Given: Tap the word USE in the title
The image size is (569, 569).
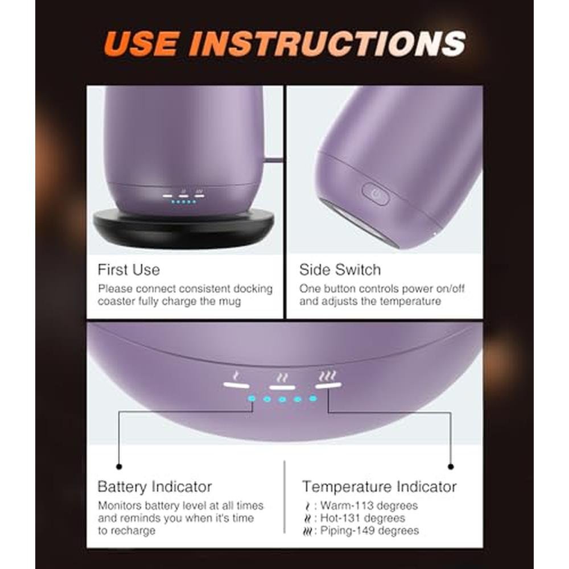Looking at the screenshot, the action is point(142,44).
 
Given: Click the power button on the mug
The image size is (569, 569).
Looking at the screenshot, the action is point(375,194).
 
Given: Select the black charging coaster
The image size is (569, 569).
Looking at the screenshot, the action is point(183,228).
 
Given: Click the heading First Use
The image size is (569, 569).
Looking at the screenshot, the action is point(129,270).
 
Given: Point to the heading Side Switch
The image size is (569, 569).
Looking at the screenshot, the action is point(340,270).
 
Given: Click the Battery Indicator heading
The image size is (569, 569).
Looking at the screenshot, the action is point(155,486).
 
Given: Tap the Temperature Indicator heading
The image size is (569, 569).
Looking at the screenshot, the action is point(379,486).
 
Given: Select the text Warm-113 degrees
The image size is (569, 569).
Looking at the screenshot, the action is point(369,505).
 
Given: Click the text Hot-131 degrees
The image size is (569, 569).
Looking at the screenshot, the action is point(362,518).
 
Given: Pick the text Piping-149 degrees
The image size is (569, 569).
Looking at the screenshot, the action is point(369,530).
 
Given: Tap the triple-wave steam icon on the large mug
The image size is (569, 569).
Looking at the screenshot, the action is point(327,376).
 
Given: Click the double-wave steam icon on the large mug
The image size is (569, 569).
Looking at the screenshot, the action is point(282,378).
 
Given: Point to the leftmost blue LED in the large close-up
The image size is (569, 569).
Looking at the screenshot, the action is point(251,399).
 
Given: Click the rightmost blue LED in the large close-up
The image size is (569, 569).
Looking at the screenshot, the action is point(313,398).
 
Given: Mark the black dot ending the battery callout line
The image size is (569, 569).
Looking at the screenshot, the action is point(119,467).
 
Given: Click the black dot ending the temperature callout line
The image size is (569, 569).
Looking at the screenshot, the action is point(451,467).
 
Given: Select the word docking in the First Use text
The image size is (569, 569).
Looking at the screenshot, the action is point(253,289).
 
